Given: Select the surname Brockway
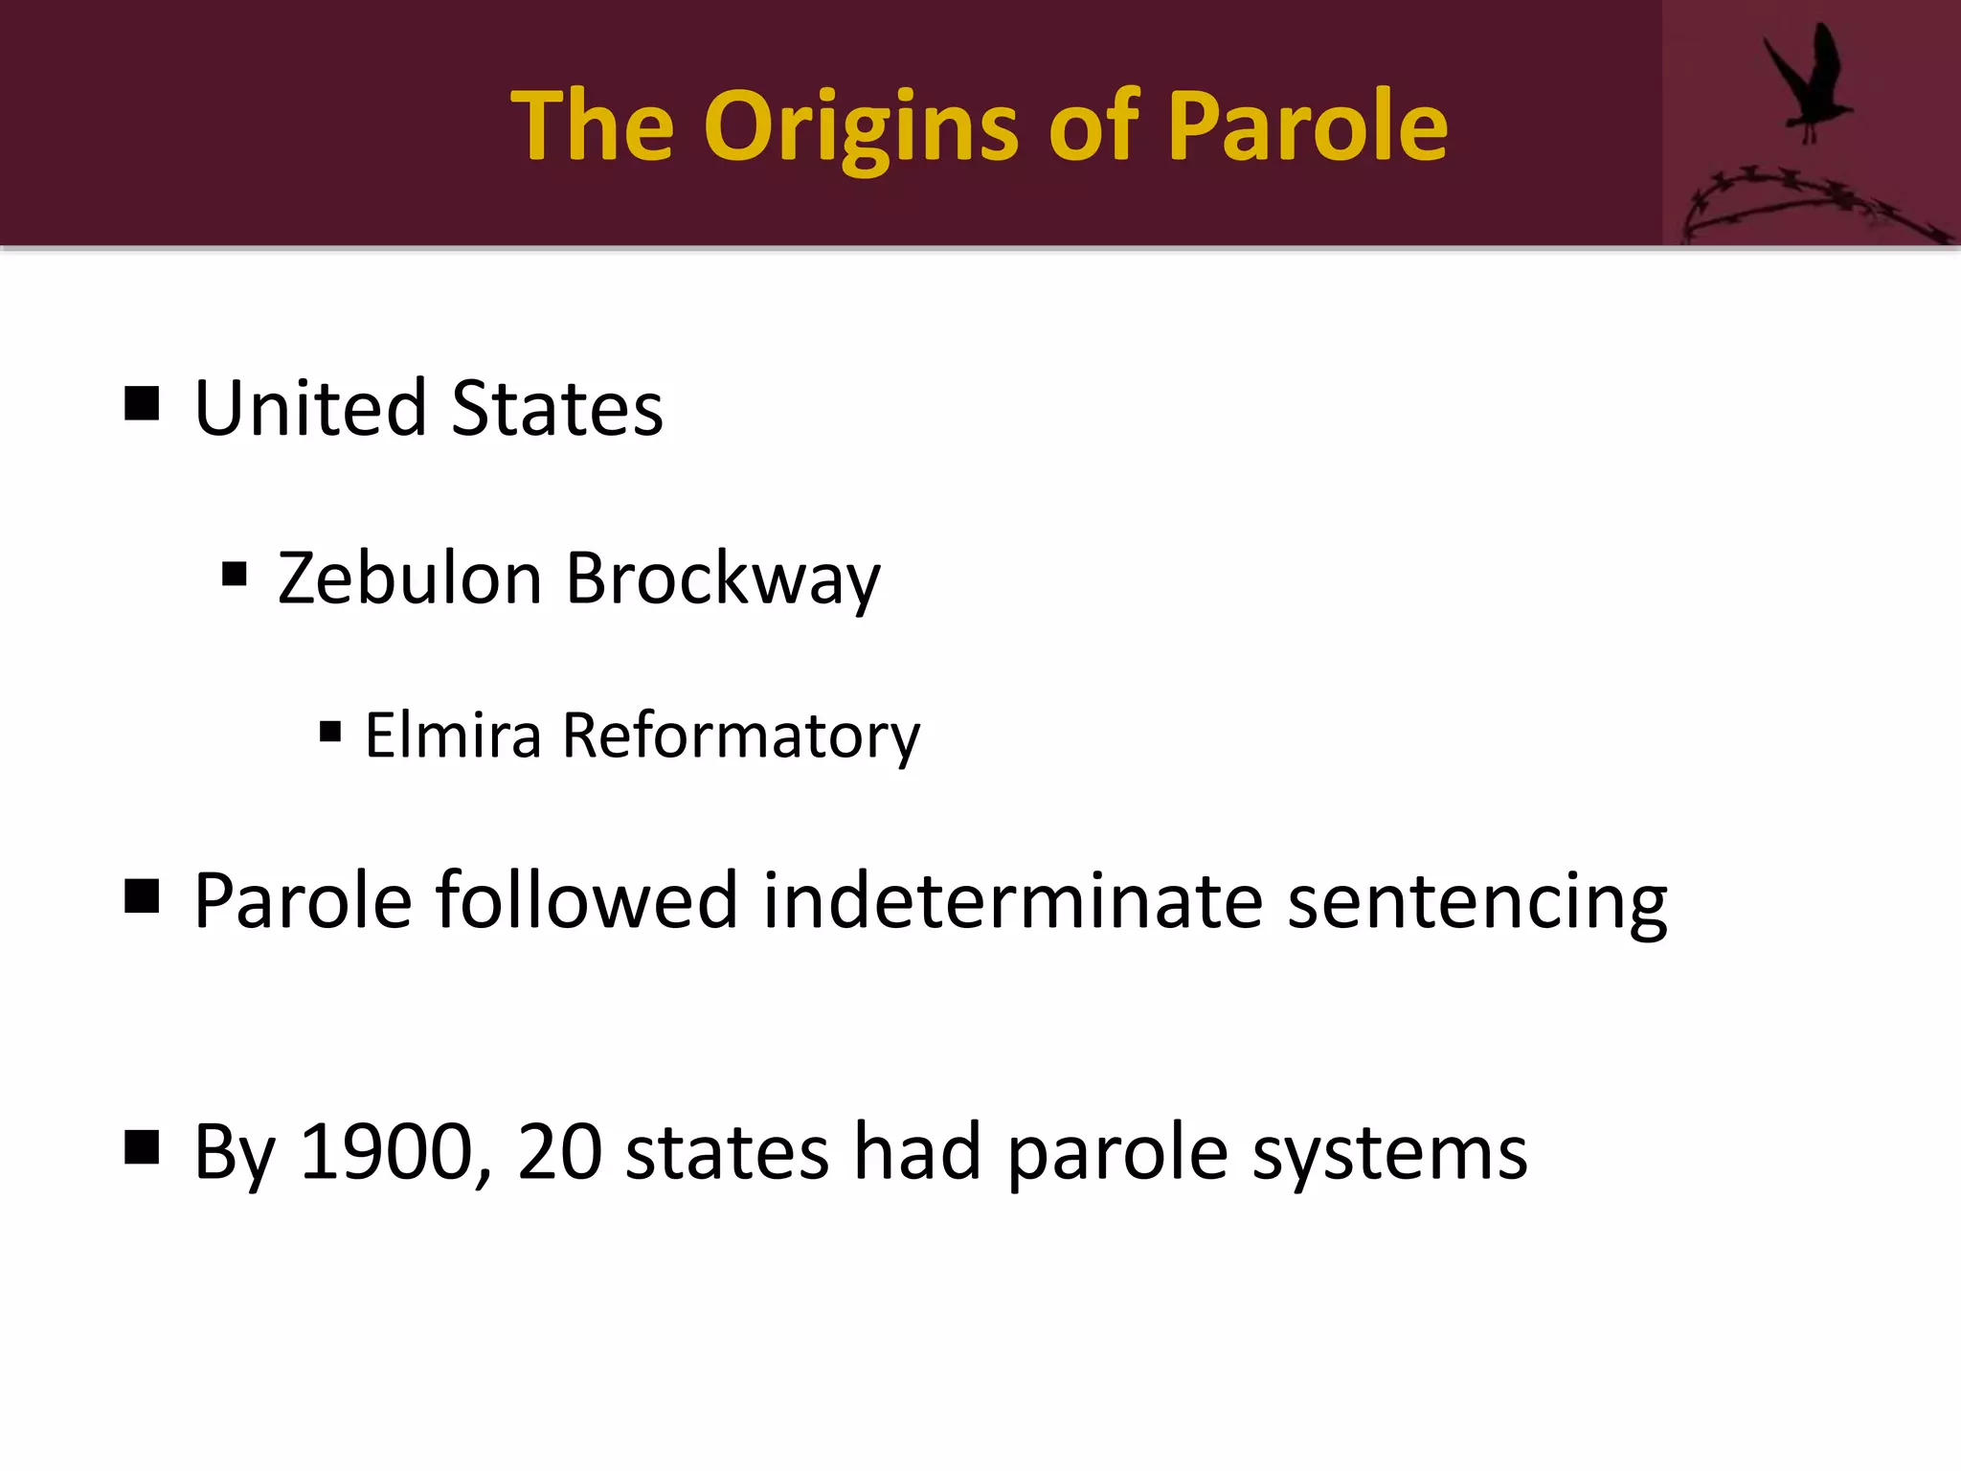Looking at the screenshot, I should [x=722, y=580].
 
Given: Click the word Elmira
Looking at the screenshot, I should [x=453, y=735].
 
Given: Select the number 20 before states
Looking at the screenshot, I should [x=559, y=1152].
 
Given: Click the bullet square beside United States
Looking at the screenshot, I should [x=142, y=404].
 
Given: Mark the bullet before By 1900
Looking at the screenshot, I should [x=142, y=1146].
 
